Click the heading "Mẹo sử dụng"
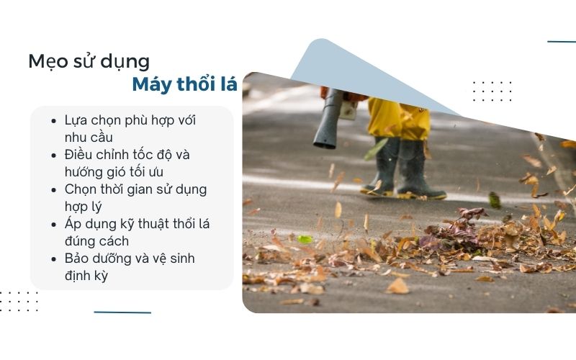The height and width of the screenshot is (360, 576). (89, 61)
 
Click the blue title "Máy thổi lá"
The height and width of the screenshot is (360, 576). (184, 84)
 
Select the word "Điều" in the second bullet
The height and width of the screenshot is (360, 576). (79, 155)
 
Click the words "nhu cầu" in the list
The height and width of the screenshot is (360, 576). (89, 137)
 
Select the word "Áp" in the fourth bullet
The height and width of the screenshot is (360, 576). (73, 223)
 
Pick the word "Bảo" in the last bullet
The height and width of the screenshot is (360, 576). (78, 258)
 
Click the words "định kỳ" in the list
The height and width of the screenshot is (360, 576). (86, 275)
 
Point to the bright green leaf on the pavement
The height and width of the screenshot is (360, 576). (305, 239)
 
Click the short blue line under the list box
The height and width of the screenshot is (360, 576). (122, 312)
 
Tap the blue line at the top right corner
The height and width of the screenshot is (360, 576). (562, 42)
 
